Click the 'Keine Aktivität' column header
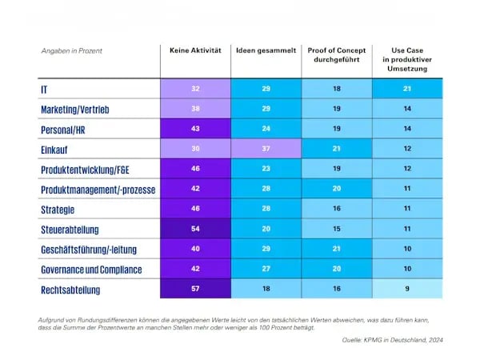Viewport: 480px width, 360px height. tap(195, 50)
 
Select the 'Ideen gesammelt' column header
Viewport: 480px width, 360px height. tap(266, 50)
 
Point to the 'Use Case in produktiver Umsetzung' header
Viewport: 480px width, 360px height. tap(408, 59)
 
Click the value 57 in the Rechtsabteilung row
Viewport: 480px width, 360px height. tap(195, 288)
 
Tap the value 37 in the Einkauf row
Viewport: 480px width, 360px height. tap(266, 150)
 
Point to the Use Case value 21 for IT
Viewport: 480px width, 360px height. tap(408, 88)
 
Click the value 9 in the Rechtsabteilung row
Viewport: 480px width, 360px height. tap(408, 288)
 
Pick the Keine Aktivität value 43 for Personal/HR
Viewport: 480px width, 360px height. tap(195, 129)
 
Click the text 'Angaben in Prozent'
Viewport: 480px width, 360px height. tap(72, 50)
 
